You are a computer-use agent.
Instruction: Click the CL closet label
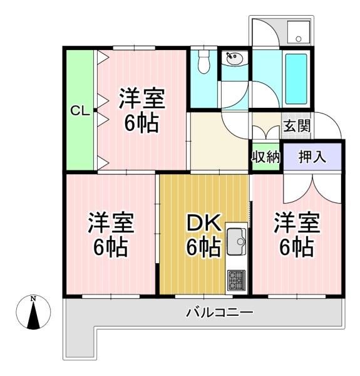pos(80,111)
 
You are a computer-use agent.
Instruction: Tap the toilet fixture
pos(204,61)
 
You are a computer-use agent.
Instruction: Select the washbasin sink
pos(235,58)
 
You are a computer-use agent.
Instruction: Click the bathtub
pos(296,79)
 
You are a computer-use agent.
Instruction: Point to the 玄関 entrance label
pos(297,126)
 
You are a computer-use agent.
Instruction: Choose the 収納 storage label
pos(265,157)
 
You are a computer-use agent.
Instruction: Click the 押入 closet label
pos(312,157)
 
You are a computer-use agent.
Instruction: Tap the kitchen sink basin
pos(237,241)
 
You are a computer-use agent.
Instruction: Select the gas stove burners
pos(237,279)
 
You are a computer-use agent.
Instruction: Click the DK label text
pos(203,223)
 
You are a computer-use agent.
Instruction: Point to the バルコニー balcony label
pos(219,313)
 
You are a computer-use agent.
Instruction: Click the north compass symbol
pos(33,311)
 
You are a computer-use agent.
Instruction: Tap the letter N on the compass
pos(33,299)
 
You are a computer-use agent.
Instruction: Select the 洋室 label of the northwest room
pos(142,98)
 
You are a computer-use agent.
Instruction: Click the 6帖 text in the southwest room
pos(110,246)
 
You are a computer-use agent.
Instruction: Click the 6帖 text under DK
pos(203,246)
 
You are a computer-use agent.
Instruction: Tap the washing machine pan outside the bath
pos(299,32)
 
